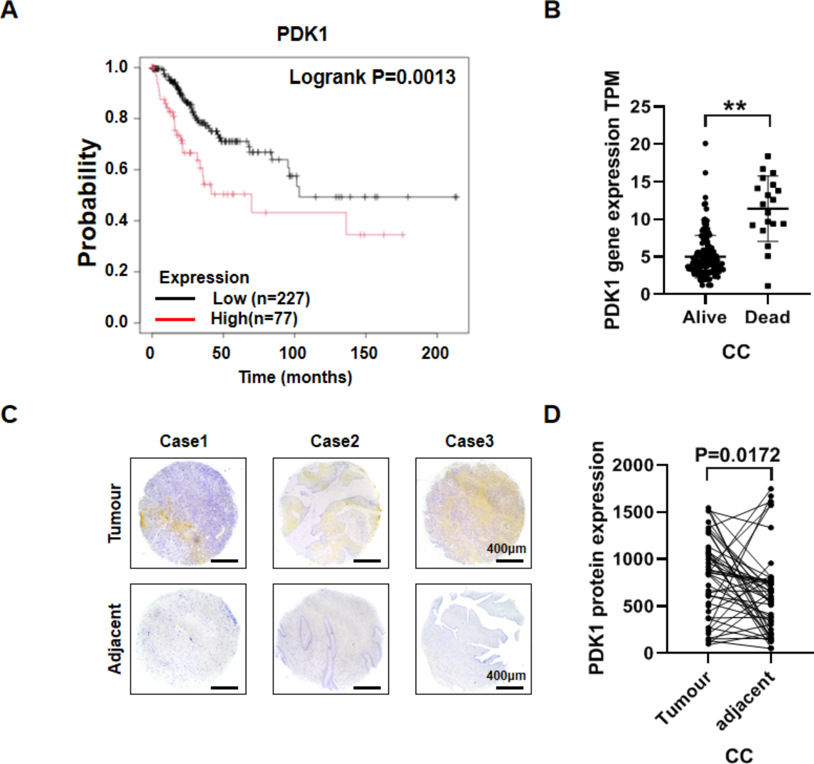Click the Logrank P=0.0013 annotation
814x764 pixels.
pos(372,77)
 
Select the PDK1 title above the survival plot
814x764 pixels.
pos(302,34)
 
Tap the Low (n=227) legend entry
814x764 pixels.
pos(261,298)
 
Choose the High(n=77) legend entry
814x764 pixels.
pos(254,319)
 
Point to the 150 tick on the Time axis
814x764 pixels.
pos(363,353)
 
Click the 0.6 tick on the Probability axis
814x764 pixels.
pos(117,169)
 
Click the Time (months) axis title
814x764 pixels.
pos(295,377)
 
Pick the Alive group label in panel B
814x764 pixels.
pos(704,317)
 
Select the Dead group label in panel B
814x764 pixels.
pos(767,317)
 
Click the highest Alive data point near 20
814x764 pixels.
pos(706,143)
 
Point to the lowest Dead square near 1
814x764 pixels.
pos(768,286)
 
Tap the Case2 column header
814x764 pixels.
pos(335,441)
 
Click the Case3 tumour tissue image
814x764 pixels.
pos(474,513)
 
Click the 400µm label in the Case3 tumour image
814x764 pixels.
pos(506,548)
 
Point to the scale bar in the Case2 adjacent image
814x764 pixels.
pos(367,688)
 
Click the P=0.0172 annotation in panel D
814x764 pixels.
pos(738,455)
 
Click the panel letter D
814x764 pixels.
pos(552,414)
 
